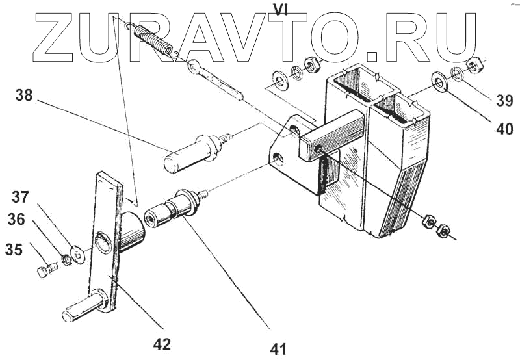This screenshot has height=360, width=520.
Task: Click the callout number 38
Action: click(24, 96)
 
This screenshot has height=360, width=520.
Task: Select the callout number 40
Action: click(504, 129)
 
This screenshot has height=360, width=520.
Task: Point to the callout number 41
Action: click(279, 349)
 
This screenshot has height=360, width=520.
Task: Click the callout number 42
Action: click(162, 344)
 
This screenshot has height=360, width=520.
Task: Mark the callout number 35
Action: click(14, 249)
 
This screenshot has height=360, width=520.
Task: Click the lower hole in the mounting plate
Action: click(279, 158)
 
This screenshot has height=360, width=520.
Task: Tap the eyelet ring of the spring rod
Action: click(194, 67)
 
